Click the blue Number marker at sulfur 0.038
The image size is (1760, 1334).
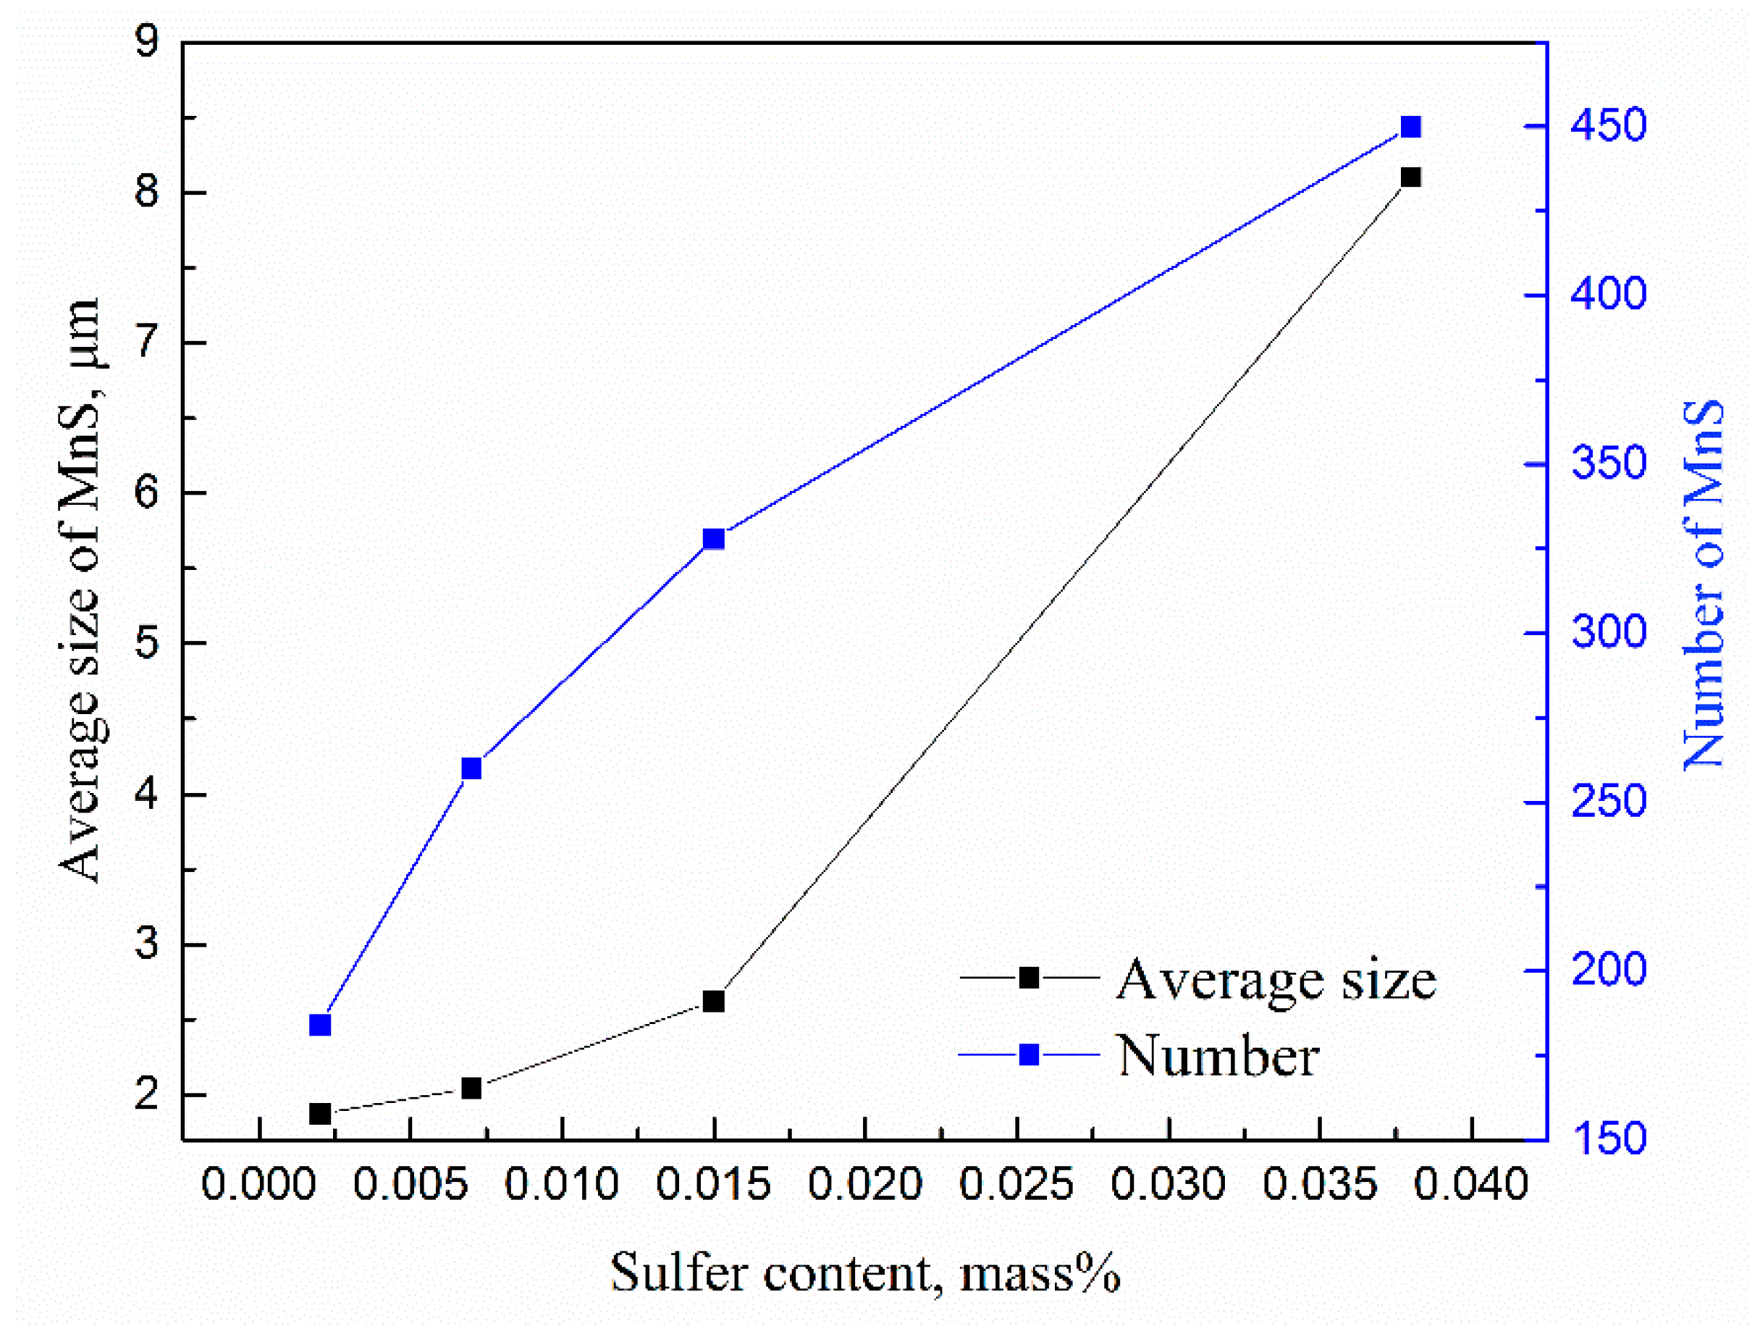click(x=1410, y=127)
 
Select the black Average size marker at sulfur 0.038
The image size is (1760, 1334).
click(x=1410, y=177)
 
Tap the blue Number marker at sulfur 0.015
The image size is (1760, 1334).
click(x=714, y=539)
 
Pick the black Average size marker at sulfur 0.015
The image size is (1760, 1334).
click(x=714, y=1002)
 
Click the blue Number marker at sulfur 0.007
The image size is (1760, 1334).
click(x=472, y=768)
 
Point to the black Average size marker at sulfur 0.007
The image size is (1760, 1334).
click(x=472, y=1088)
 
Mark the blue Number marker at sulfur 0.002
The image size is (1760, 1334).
click(x=320, y=1025)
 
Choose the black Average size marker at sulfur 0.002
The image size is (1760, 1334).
click(x=320, y=1114)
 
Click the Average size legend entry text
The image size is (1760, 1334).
click(x=1276, y=980)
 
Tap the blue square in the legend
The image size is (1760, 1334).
click(x=1029, y=1055)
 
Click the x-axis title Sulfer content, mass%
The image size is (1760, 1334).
click(x=865, y=1272)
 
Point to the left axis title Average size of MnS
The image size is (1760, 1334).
click(x=80, y=590)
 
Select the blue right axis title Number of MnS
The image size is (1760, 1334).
click(x=1703, y=584)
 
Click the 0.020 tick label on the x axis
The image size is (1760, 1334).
click(x=865, y=1184)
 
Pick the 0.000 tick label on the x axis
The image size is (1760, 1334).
click(x=258, y=1184)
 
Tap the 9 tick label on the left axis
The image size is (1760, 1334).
click(x=148, y=41)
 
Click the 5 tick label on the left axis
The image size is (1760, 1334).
click(x=148, y=643)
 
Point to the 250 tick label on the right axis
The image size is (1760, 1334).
click(x=1607, y=802)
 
